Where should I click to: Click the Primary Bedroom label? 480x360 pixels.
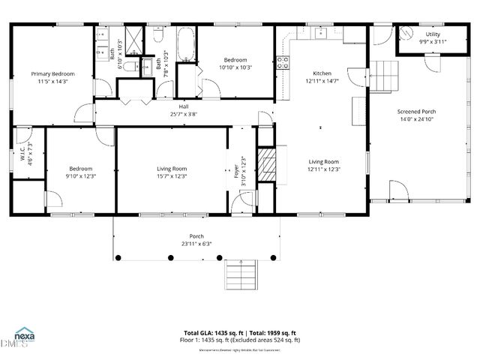pyautogui.click(x=52, y=74)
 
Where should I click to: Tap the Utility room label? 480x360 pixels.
pyautogui.click(x=433, y=34)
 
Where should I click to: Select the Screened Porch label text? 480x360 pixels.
pyautogui.click(x=418, y=111)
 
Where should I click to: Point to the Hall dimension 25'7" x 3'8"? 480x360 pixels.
pyautogui.click(x=183, y=115)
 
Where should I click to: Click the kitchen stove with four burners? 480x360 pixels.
pyautogui.click(x=283, y=64)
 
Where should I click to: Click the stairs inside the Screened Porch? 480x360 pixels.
pyautogui.click(x=388, y=76)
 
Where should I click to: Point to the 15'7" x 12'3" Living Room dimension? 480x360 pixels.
pyautogui.click(x=172, y=176)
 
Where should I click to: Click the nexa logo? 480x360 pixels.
pyautogui.click(x=25, y=335)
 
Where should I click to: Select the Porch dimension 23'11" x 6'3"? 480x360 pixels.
pyautogui.click(x=196, y=243)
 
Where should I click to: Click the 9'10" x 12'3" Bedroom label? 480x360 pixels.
pyautogui.click(x=80, y=172)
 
